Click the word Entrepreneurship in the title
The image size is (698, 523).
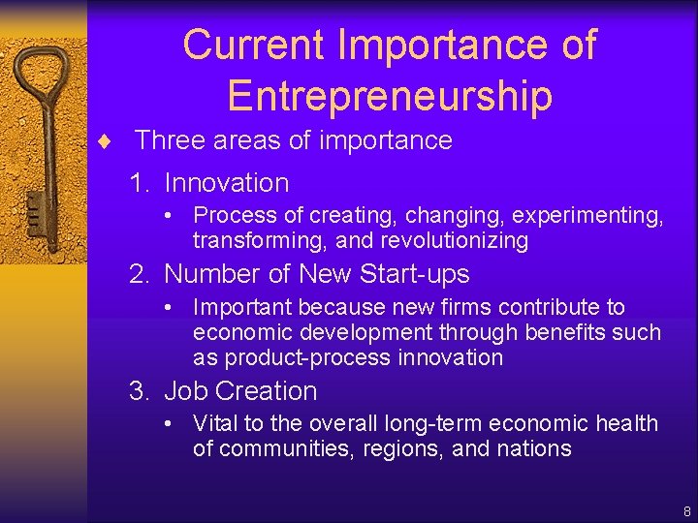click(389, 95)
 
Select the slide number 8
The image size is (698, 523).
click(686, 510)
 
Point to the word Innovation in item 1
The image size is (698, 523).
click(227, 183)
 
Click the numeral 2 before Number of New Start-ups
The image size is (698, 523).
click(140, 275)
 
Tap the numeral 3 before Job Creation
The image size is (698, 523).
click(140, 391)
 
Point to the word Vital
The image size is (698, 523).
click(213, 424)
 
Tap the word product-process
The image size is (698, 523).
click(301, 358)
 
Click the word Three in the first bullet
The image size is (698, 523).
click(165, 140)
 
